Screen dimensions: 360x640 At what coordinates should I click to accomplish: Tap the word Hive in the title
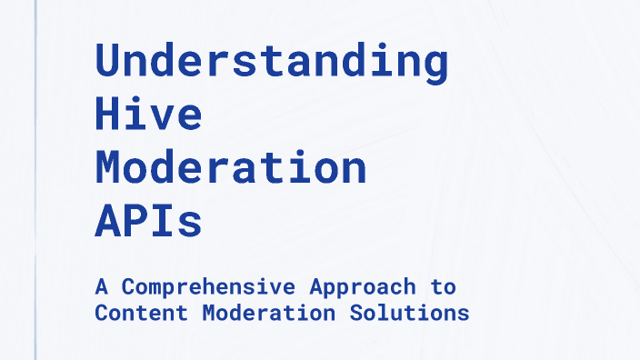tap(148, 115)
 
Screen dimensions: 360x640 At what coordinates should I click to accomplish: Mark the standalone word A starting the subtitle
tap(101, 287)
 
